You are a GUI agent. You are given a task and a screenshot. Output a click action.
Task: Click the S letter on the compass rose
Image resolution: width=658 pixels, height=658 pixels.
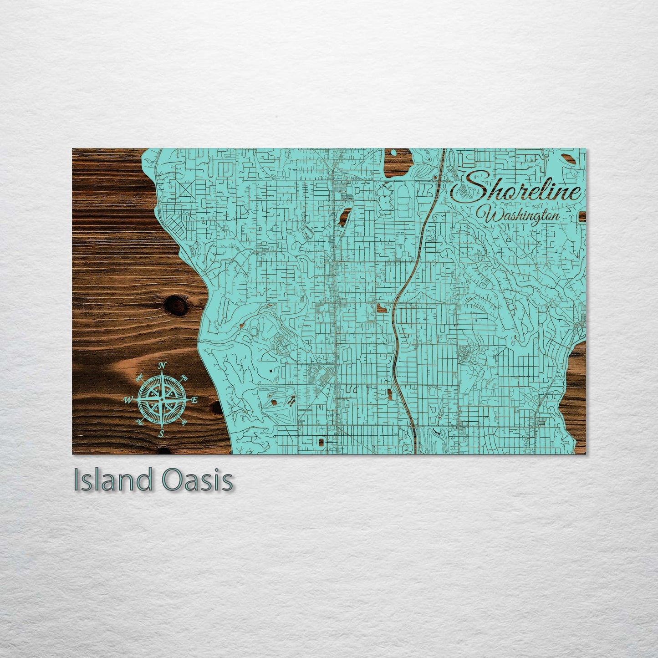(161, 434)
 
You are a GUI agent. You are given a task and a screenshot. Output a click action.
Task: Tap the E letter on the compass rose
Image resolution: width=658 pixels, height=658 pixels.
(194, 400)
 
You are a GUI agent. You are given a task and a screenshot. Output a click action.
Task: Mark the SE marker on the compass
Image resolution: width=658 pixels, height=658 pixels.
(184, 423)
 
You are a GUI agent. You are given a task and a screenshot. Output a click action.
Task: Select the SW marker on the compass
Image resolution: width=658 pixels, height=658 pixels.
(139, 423)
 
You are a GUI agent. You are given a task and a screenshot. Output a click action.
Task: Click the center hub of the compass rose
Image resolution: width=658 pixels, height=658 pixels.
(161, 399)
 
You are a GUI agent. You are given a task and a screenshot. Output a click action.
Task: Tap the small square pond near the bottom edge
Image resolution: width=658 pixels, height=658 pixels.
(321, 441)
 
